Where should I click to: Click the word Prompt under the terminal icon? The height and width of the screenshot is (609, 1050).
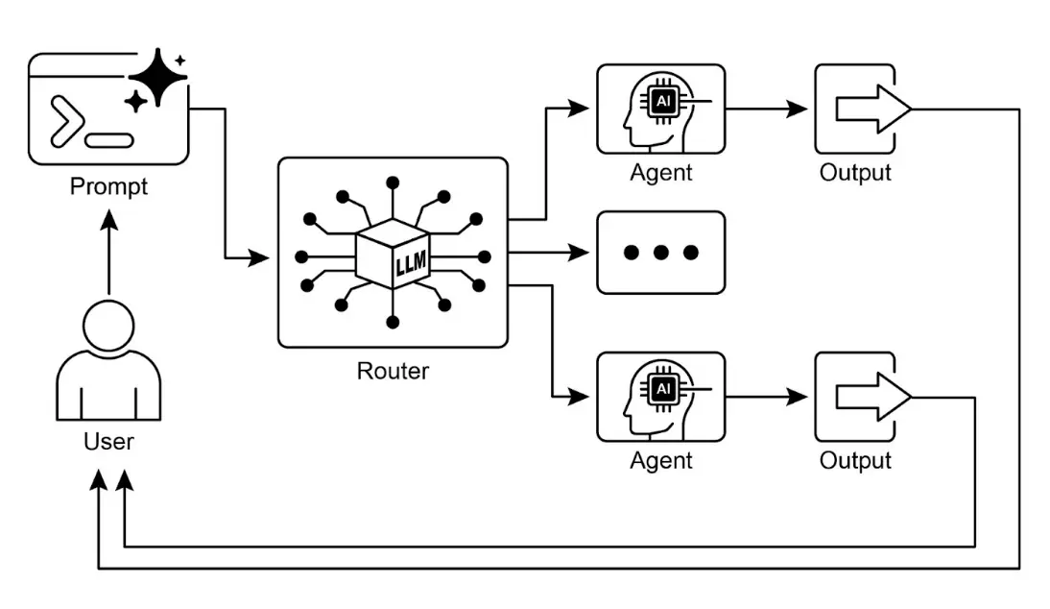pos(108,185)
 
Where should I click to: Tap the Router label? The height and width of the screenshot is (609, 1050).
pos(393,371)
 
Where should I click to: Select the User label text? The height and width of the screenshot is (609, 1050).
pos(108,442)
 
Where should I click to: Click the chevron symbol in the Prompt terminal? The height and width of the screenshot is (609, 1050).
pos(65,123)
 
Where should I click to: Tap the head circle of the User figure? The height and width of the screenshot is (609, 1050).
pos(108,325)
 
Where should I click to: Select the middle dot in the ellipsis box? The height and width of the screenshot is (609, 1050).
pos(661,254)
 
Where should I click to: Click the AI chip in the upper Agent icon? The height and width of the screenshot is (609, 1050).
pos(662,100)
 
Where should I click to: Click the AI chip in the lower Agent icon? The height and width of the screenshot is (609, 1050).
pos(662,388)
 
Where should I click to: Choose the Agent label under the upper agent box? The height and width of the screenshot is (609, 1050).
pos(661,173)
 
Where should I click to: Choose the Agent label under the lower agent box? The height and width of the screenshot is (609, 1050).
pos(661,461)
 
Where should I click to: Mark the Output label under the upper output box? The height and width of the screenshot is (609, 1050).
pos(855,173)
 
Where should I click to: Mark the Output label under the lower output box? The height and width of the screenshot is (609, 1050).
pos(855,461)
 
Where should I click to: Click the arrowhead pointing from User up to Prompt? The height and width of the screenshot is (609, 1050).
pos(108,221)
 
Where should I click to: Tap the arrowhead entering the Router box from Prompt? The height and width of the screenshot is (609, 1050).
pos(259,257)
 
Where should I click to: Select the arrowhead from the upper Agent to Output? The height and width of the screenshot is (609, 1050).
pos(797,110)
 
